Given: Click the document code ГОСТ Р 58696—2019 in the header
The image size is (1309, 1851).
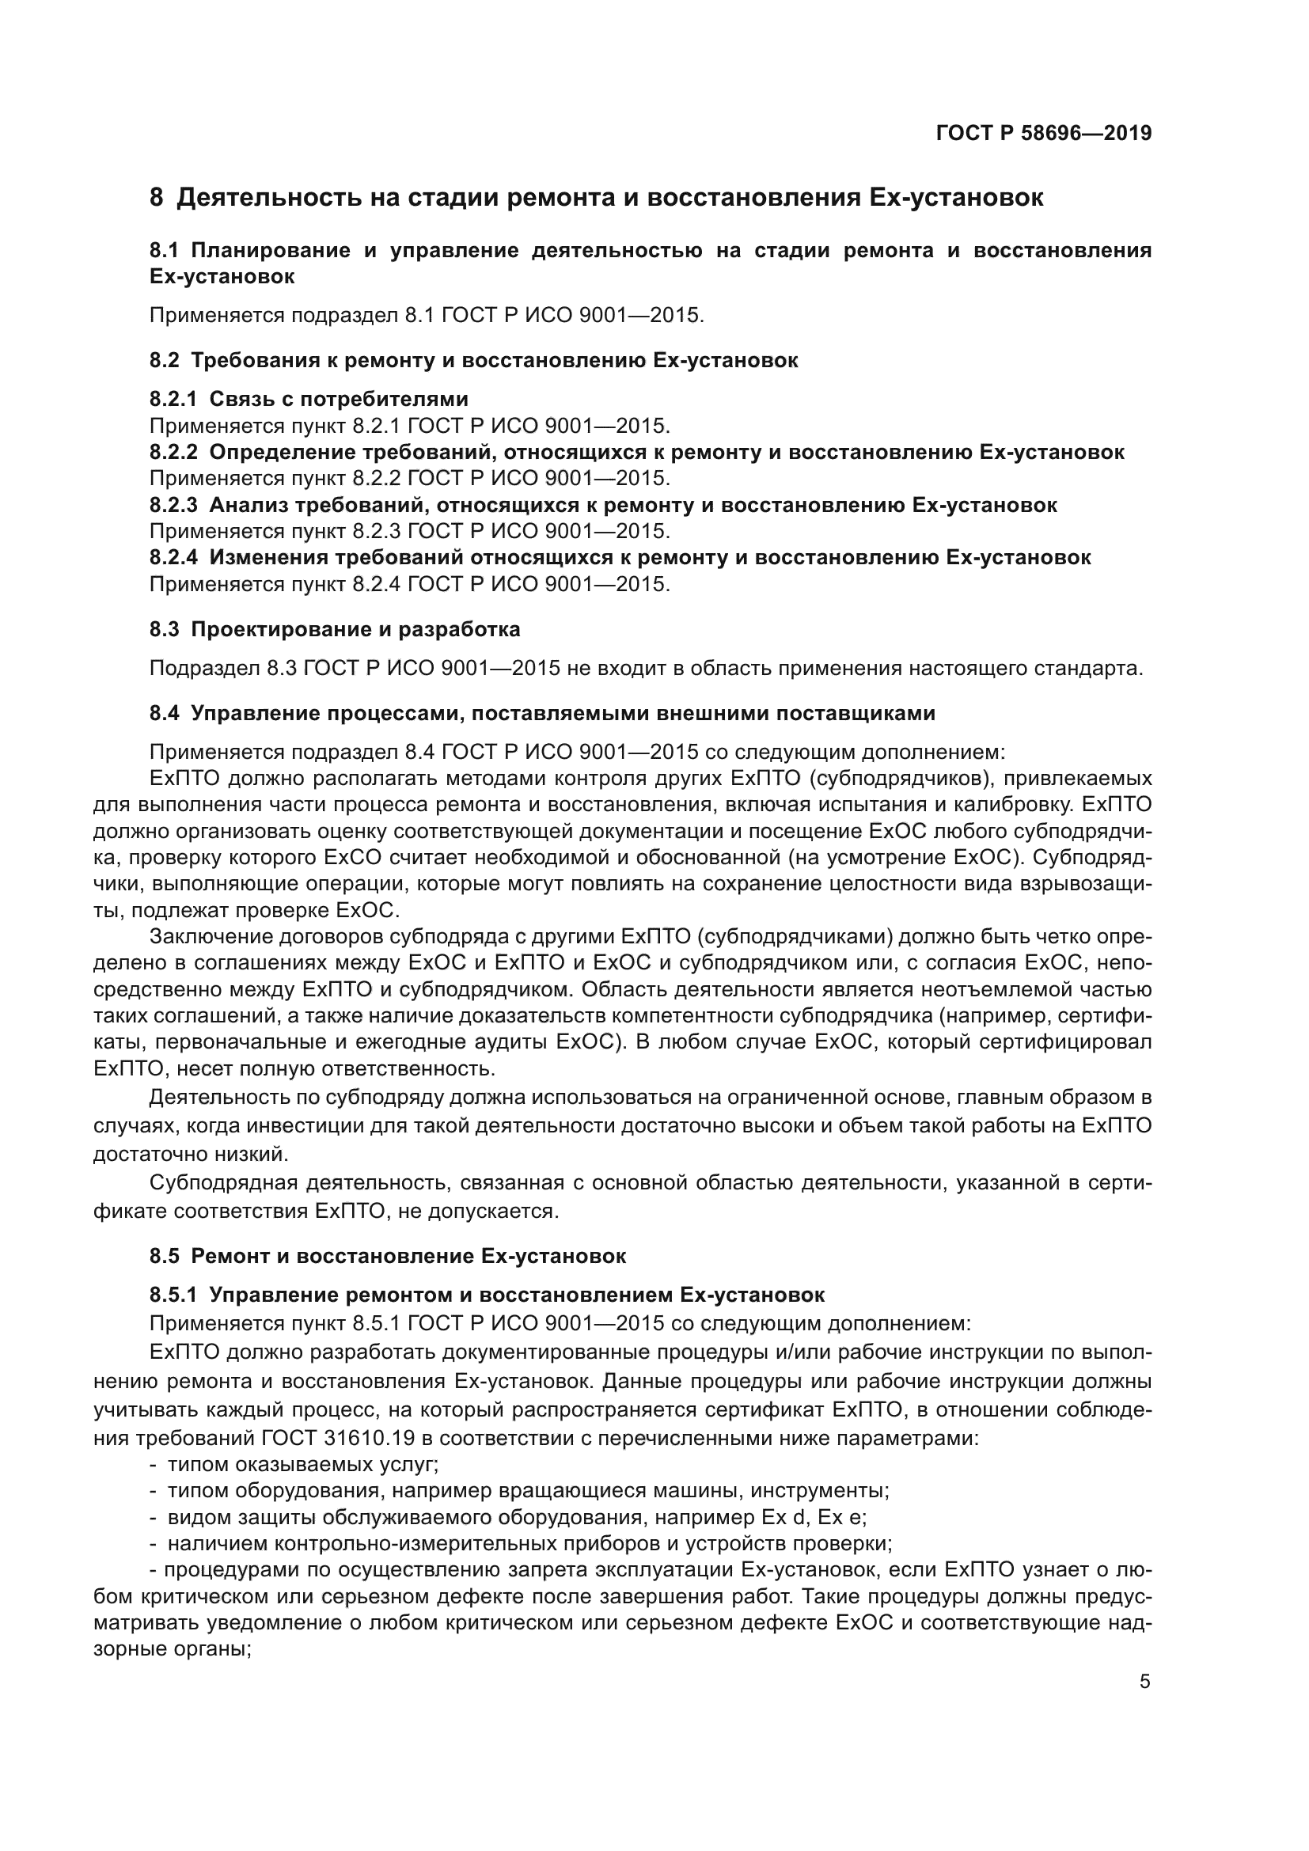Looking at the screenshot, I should click(1043, 134).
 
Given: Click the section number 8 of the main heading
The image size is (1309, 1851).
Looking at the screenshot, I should click(157, 198).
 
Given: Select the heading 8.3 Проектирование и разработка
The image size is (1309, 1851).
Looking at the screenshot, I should click(335, 630).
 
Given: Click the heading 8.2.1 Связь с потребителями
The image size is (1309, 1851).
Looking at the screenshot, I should click(309, 399).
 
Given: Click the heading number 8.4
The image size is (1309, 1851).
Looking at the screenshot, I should click(165, 714).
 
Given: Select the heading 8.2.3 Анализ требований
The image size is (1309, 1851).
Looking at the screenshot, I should click(603, 506).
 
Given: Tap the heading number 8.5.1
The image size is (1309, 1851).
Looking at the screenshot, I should click(173, 1295).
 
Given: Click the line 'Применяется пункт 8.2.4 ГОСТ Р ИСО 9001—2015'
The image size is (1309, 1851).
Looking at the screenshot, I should click(409, 584).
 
